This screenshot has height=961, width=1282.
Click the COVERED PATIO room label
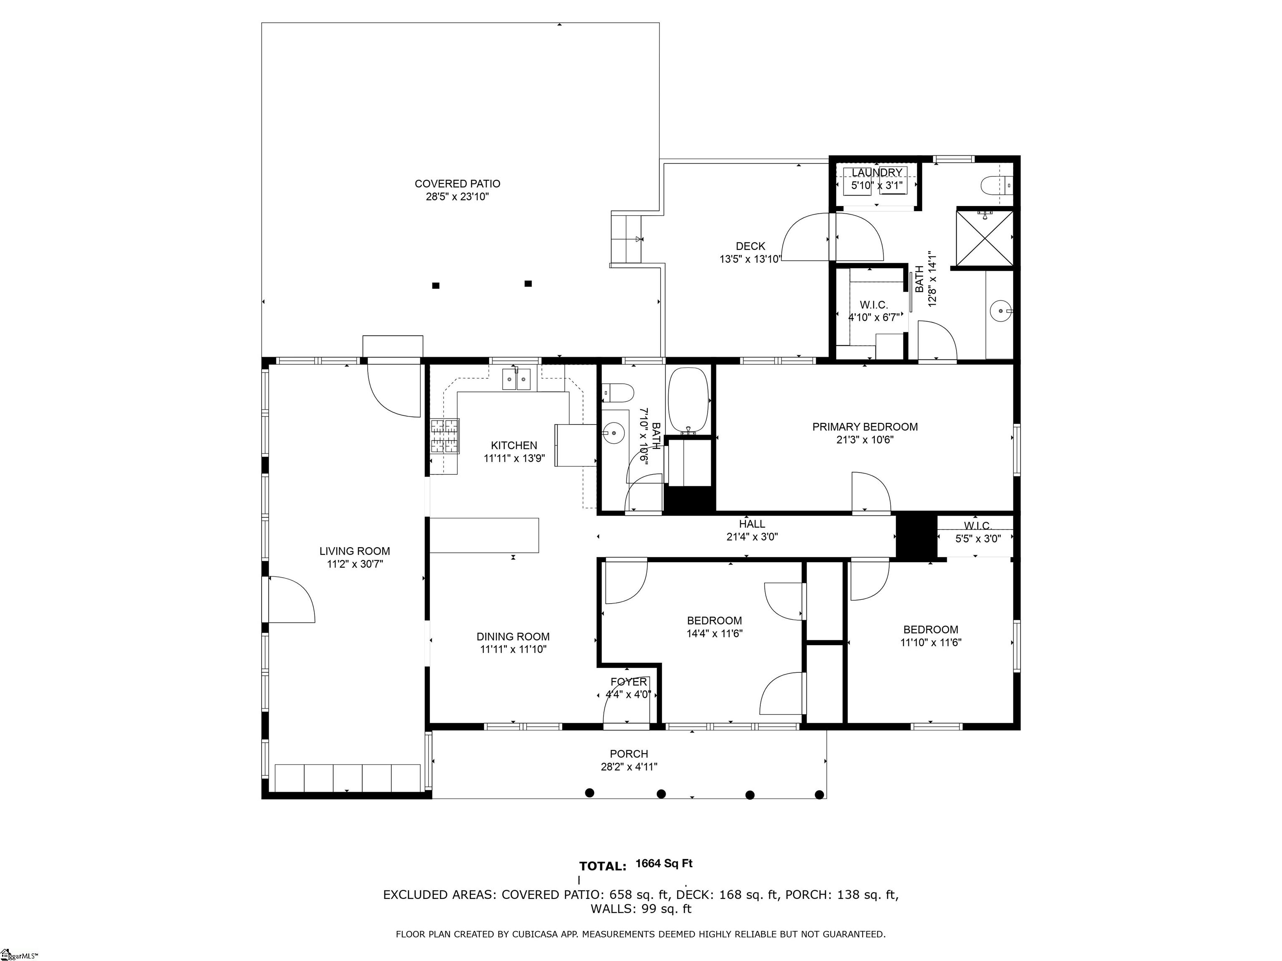457,184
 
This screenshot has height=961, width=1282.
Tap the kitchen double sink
516,380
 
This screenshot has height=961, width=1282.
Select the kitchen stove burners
444,435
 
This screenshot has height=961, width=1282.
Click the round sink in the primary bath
1000,311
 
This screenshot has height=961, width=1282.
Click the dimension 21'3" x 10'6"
865,440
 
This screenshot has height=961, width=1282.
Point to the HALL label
752,524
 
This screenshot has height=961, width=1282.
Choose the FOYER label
628,682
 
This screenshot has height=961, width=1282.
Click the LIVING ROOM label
355,551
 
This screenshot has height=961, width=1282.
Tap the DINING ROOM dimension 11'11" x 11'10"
513,649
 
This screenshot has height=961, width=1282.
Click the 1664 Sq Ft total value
664,864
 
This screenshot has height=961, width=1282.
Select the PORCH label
629,754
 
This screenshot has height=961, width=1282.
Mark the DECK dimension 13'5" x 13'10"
750,259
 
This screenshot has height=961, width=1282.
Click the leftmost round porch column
589,793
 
